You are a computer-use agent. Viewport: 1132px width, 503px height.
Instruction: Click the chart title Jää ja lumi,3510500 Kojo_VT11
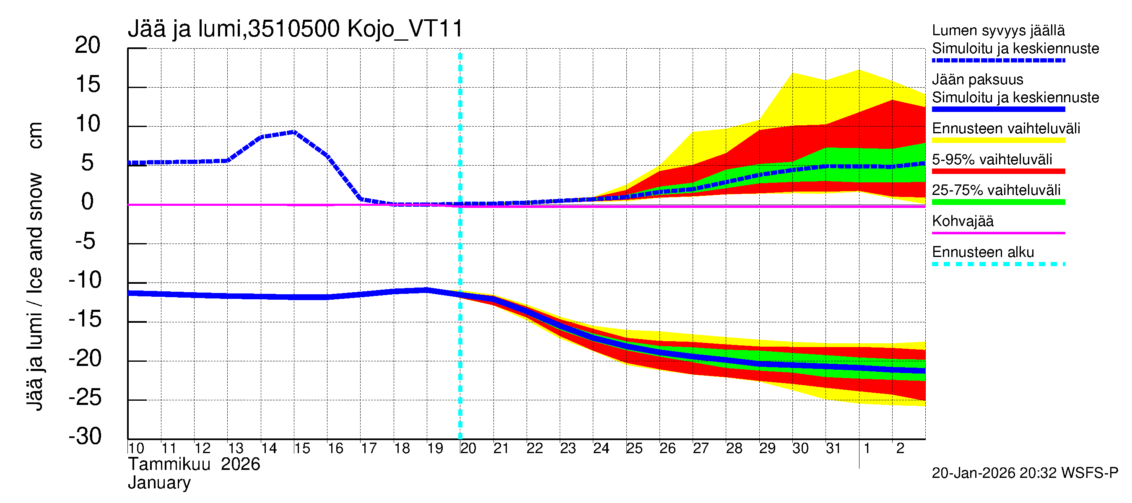(295, 29)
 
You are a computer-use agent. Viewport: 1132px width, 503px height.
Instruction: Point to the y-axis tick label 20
(88, 45)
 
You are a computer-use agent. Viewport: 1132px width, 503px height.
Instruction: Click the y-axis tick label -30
(85, 436)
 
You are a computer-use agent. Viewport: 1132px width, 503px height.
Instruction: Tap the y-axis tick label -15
(85, 319)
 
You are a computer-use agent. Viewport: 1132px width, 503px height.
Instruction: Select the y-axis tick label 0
(88, 202)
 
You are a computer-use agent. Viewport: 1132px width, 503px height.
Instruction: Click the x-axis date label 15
(302, 449)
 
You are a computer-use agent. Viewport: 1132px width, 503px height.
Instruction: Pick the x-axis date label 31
(833, 449)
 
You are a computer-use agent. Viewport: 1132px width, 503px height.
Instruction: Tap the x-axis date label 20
(468, 449)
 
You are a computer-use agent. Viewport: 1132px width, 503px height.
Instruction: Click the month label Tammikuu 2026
(194, 464)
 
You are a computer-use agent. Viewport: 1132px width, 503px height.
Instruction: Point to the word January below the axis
(159, 483)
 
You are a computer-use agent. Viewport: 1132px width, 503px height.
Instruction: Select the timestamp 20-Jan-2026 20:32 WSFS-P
(1025, 473)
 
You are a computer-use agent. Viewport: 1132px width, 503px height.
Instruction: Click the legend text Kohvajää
(962, 221)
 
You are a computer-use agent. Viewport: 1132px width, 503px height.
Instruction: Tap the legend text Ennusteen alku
(983, 252)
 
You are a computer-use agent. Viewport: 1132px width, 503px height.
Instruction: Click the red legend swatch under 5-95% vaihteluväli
(998, 171)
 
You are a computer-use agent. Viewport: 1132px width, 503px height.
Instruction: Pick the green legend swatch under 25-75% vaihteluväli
(998, 202)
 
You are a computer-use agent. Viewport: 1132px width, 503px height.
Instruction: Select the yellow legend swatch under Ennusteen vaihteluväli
(998, 140)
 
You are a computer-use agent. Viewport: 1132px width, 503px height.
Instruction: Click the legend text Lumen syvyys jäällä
(998, 30)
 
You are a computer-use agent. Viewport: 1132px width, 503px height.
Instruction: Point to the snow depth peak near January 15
(294, 131)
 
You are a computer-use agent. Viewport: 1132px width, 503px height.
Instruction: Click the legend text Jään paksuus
(978, 80)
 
